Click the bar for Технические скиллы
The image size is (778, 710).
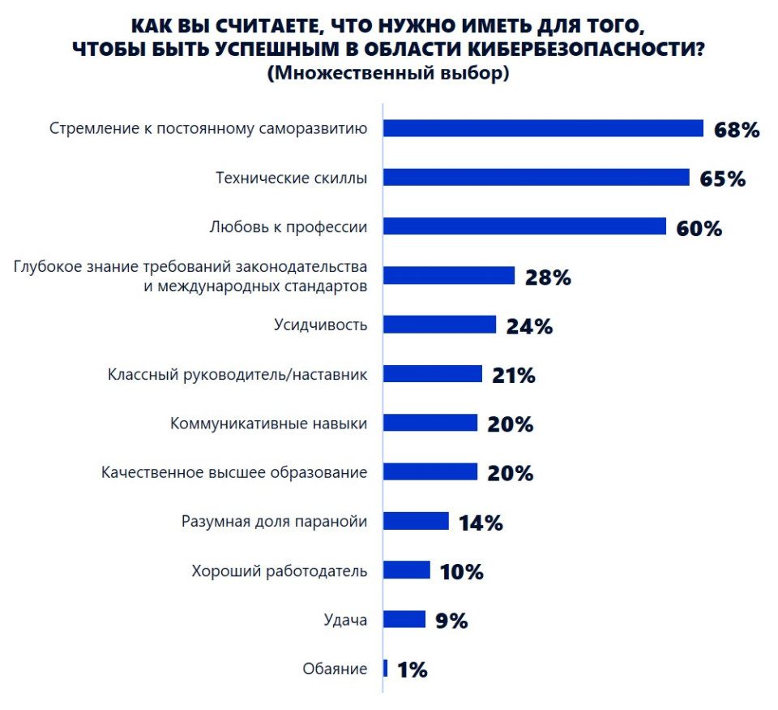click(x=536, y=178)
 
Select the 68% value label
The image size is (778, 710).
click(x=737, y=130)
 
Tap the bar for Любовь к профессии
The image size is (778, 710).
click(x=524, y=226)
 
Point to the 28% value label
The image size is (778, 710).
click(x=548, y=277)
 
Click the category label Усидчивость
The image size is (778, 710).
click(x=321, y=325)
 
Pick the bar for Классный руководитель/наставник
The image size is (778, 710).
click(x=432, y=374)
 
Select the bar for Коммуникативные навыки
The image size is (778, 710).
click(x=430, y=423)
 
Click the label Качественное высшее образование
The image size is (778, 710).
click(x=234, y=472)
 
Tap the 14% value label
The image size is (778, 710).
click(x=481, y=523)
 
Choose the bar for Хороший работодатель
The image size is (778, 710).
click(x=406, y=570)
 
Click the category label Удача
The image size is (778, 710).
click(x=345, y=621)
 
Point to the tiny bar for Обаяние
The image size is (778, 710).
click(x=385, y=669)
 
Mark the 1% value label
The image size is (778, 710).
click(x=412, y=670)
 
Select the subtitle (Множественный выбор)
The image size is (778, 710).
click(x=387, y=73)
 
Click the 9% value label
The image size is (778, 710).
click(x=451, y=621)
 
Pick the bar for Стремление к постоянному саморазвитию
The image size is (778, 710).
click(x=543, y=128)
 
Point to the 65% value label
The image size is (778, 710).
click(x=722, y=179)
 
